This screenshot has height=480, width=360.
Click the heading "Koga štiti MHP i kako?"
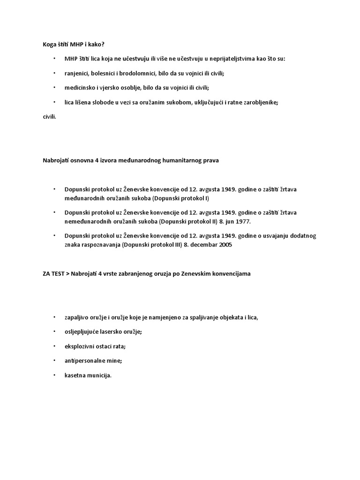click(74, 44)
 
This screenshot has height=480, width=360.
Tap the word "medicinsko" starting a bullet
click(80, 88)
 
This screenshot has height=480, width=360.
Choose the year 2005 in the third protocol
click(225, 244)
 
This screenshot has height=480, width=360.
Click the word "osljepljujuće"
click(82, 331)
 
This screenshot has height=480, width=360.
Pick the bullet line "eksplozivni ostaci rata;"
click(95, 346)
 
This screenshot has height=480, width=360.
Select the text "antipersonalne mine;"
click(93, 360)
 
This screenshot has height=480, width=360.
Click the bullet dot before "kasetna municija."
click(54, 375)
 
